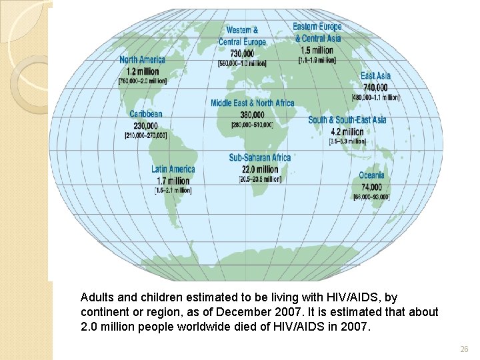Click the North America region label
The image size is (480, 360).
tap(143, 60)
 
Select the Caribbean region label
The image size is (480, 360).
tap(145, 114)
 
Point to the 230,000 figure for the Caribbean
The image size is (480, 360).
tap(145, 125)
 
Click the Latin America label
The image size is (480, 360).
tap(173, 169)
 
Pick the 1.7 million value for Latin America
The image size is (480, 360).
tap(173, 180)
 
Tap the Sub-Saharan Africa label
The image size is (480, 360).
tap(260, 158)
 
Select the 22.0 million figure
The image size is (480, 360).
tap(260, 169)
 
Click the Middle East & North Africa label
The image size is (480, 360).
tap(252, 103)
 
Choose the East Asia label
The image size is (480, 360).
tap(375, 76)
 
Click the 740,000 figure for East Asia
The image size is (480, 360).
tap(375, 87)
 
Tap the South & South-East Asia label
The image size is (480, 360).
tap(347, 120)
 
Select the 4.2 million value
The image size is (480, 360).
tap(347, 131)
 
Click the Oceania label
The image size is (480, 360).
tap(371, 175)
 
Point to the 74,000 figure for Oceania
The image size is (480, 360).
tap(371, 187)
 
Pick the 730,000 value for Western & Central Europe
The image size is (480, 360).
tap(242, 53)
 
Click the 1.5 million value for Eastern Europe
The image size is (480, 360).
tap(317, 49)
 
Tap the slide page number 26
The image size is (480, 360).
tap(464, 349)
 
